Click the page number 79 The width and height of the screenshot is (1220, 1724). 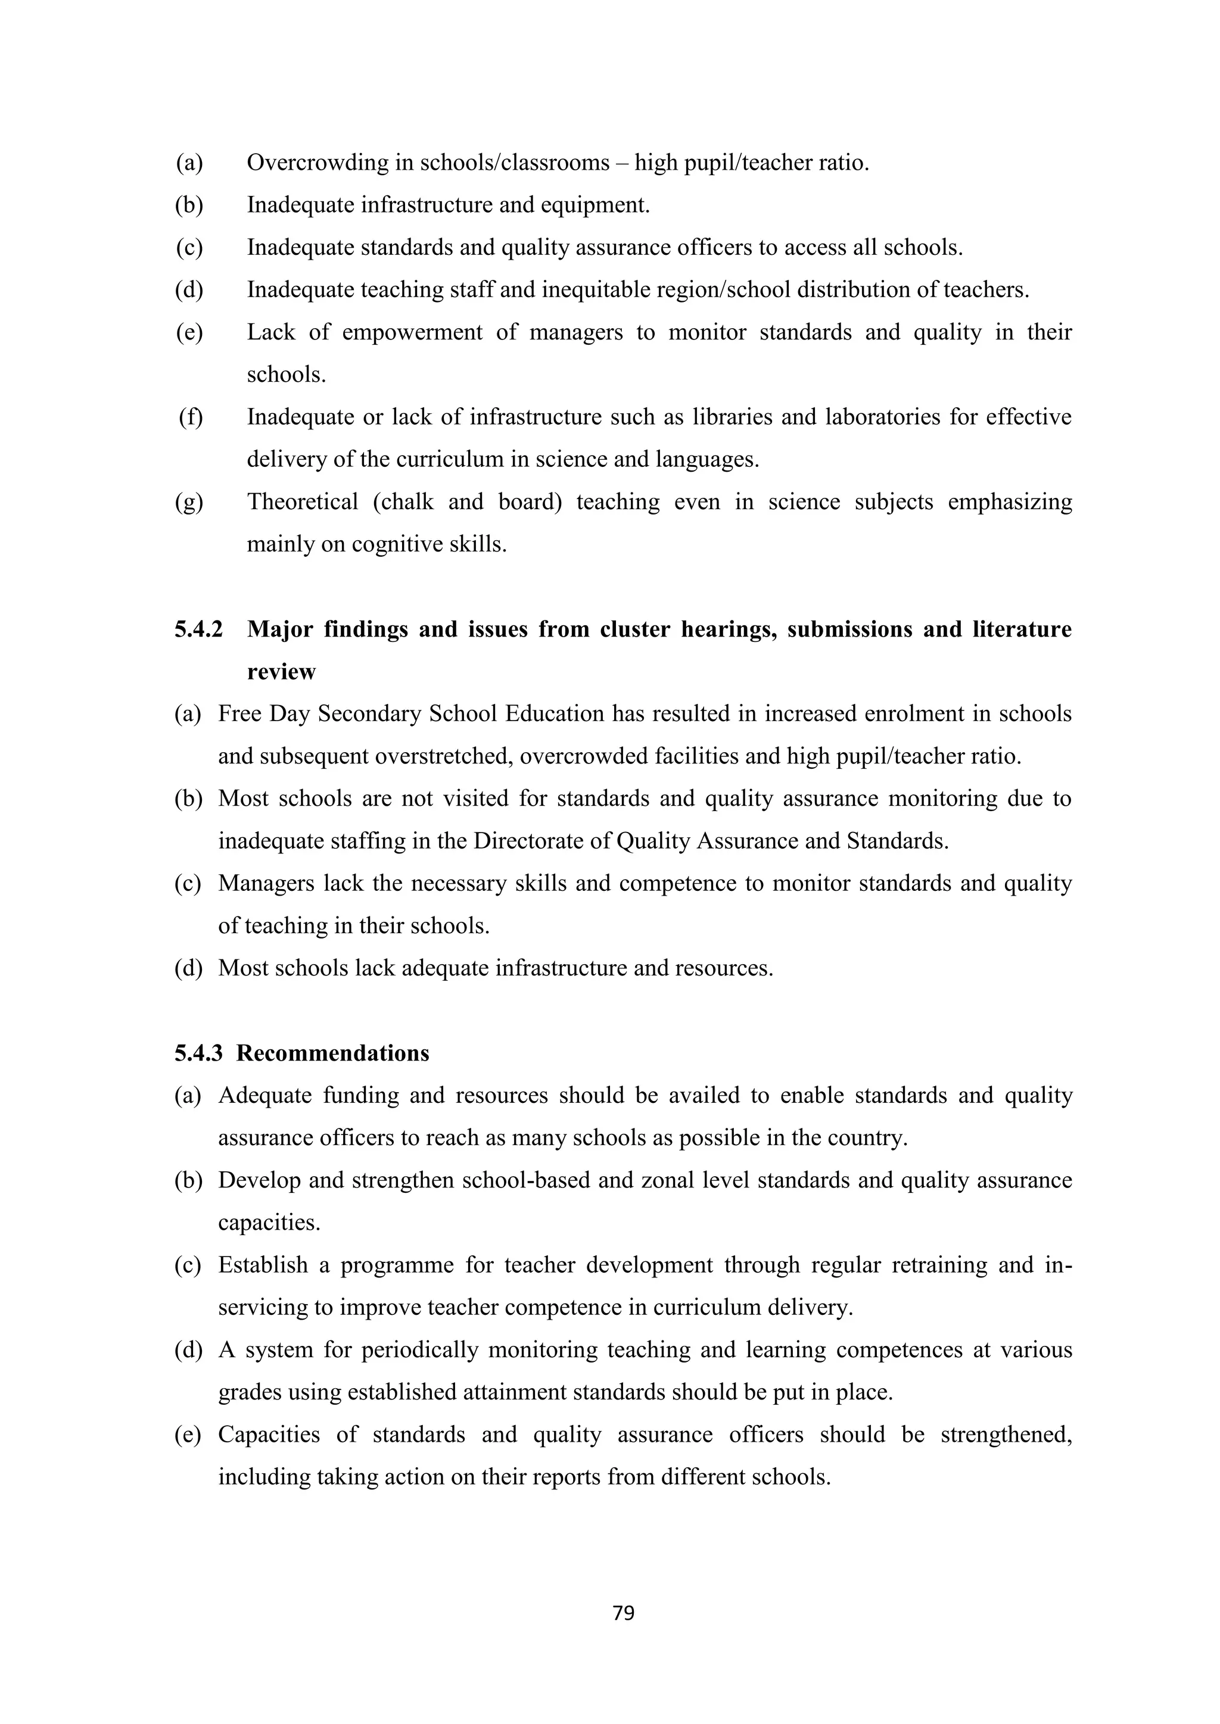click(624, 1613)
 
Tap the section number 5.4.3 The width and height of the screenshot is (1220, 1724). click(199, 1053)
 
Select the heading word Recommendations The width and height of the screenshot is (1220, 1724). click(333, 1053)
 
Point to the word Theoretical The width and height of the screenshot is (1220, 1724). click(303, 501)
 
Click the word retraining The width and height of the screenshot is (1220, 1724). click(939, 1265)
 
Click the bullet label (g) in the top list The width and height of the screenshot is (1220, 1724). click(189, 501)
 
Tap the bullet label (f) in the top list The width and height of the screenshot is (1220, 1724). click(191, 417)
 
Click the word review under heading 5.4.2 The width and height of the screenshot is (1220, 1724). click(282, 671)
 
